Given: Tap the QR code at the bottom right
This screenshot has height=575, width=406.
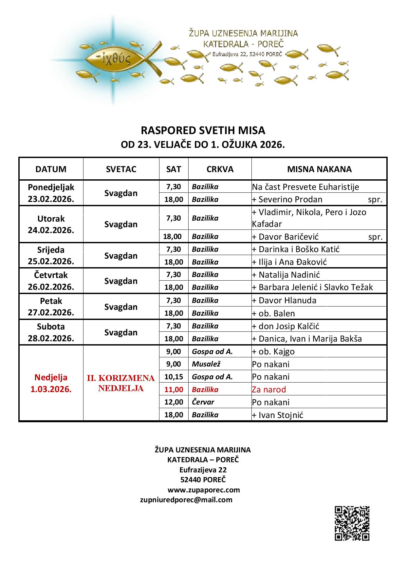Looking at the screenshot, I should pos(352,523).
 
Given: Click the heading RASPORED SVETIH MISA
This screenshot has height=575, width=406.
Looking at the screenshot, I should pos(203,130).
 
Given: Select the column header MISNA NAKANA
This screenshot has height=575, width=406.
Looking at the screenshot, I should pos(319,169).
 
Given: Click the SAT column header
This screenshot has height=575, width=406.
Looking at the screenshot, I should pos(174,169).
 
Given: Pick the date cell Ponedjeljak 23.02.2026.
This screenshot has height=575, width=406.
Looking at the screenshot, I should pos(51,193).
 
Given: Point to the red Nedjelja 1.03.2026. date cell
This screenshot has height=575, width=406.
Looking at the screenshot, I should pos(51,383).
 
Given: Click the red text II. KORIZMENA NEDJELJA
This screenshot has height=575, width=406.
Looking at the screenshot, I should pos(121,383).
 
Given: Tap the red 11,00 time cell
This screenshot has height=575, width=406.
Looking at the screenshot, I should pos(174,389).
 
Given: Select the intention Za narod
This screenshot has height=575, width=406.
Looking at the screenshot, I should pos(269,389).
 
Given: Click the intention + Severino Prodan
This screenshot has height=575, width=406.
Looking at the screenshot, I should pos(287,199).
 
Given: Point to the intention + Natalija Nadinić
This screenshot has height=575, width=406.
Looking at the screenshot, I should pos(286,275).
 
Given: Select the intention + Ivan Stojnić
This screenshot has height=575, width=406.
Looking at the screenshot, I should pos(277,415).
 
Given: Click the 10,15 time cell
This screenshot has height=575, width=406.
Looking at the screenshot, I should pos(174,377).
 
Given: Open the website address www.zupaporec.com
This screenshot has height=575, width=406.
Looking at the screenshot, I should pos(204,490).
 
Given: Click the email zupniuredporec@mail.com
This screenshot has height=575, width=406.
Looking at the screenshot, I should pos(186,500).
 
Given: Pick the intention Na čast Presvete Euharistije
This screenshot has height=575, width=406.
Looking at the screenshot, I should pos(305,187).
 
